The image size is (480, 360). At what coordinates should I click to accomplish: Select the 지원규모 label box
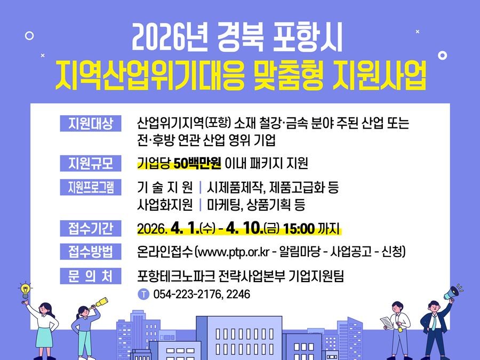point(91,163)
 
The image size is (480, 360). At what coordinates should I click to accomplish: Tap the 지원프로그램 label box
point(91,187)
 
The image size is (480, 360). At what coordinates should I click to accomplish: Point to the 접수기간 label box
point(91,228)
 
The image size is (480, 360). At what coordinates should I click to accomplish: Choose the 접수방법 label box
point(91,251)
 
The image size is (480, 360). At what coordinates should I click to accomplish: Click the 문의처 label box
point(91,276)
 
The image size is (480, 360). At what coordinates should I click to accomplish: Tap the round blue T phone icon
point(143,294)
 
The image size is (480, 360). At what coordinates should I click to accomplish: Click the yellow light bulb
point(25,291)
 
